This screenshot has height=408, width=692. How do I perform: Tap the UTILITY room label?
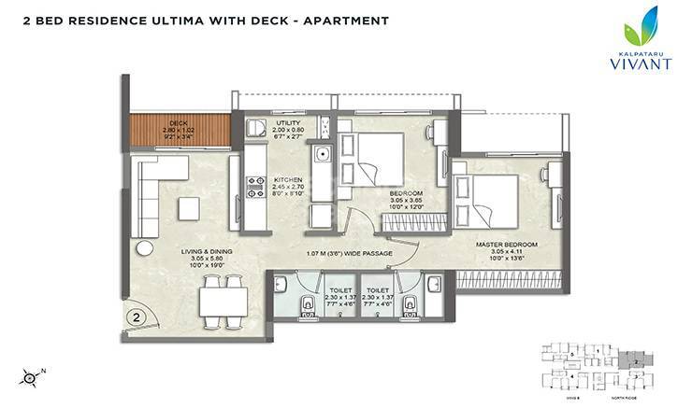coord(287,123)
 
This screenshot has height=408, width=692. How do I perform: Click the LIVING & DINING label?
coord(208,251)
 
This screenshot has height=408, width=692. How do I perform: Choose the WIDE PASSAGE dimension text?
coord(348,254)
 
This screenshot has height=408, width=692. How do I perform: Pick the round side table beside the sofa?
coord(144,248)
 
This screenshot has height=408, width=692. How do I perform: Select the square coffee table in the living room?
coord(190,208)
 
